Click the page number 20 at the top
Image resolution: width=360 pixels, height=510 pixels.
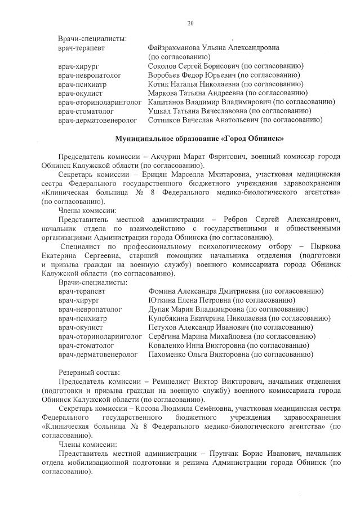point(190,23)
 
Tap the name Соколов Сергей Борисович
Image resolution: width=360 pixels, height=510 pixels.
point(191,66)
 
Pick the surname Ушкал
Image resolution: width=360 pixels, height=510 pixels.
point(159,111)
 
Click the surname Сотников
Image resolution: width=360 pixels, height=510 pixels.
point(165,120)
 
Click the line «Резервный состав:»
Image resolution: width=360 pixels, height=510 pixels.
point(89,373)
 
